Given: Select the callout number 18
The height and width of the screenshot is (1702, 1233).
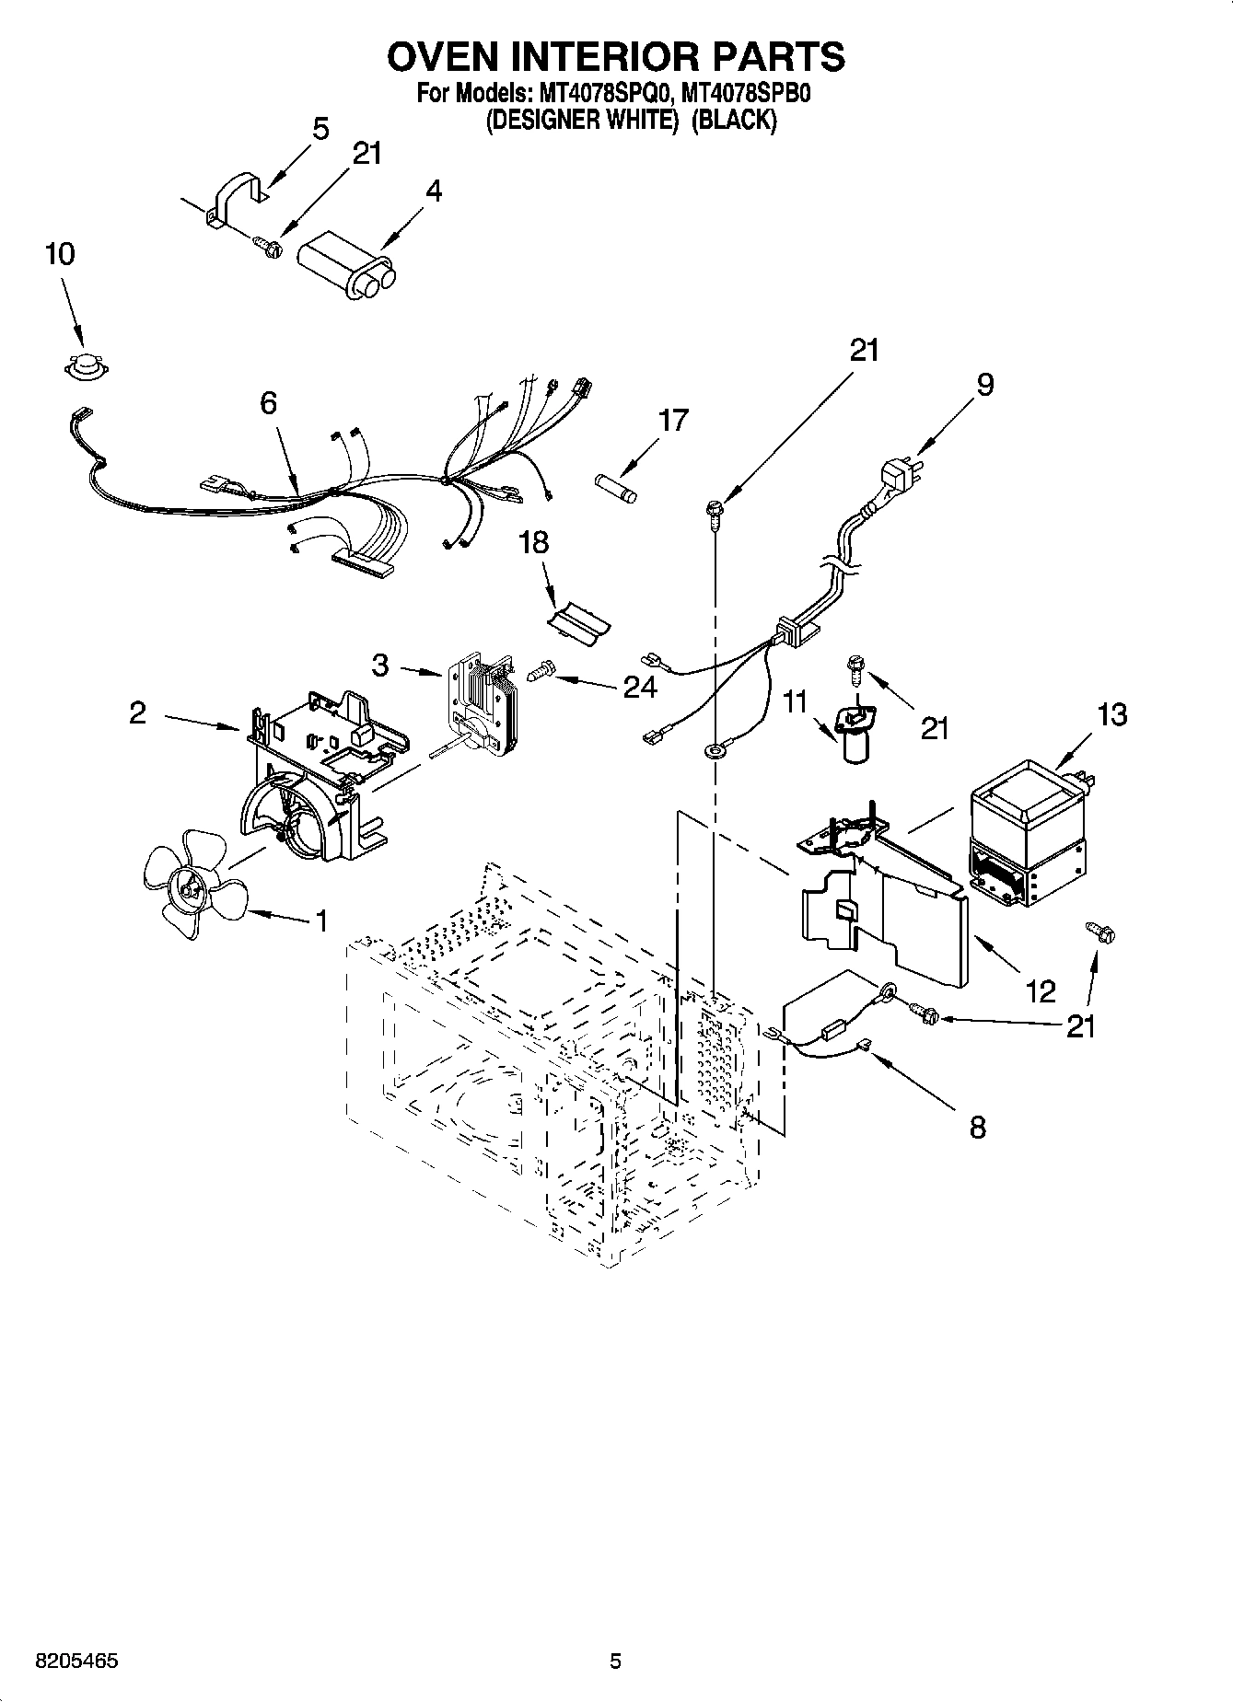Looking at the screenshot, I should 533,543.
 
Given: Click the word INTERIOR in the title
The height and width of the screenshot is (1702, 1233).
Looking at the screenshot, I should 613,56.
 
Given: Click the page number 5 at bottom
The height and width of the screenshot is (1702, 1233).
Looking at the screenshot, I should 615,1661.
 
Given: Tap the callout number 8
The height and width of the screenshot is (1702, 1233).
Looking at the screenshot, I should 977,1127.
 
